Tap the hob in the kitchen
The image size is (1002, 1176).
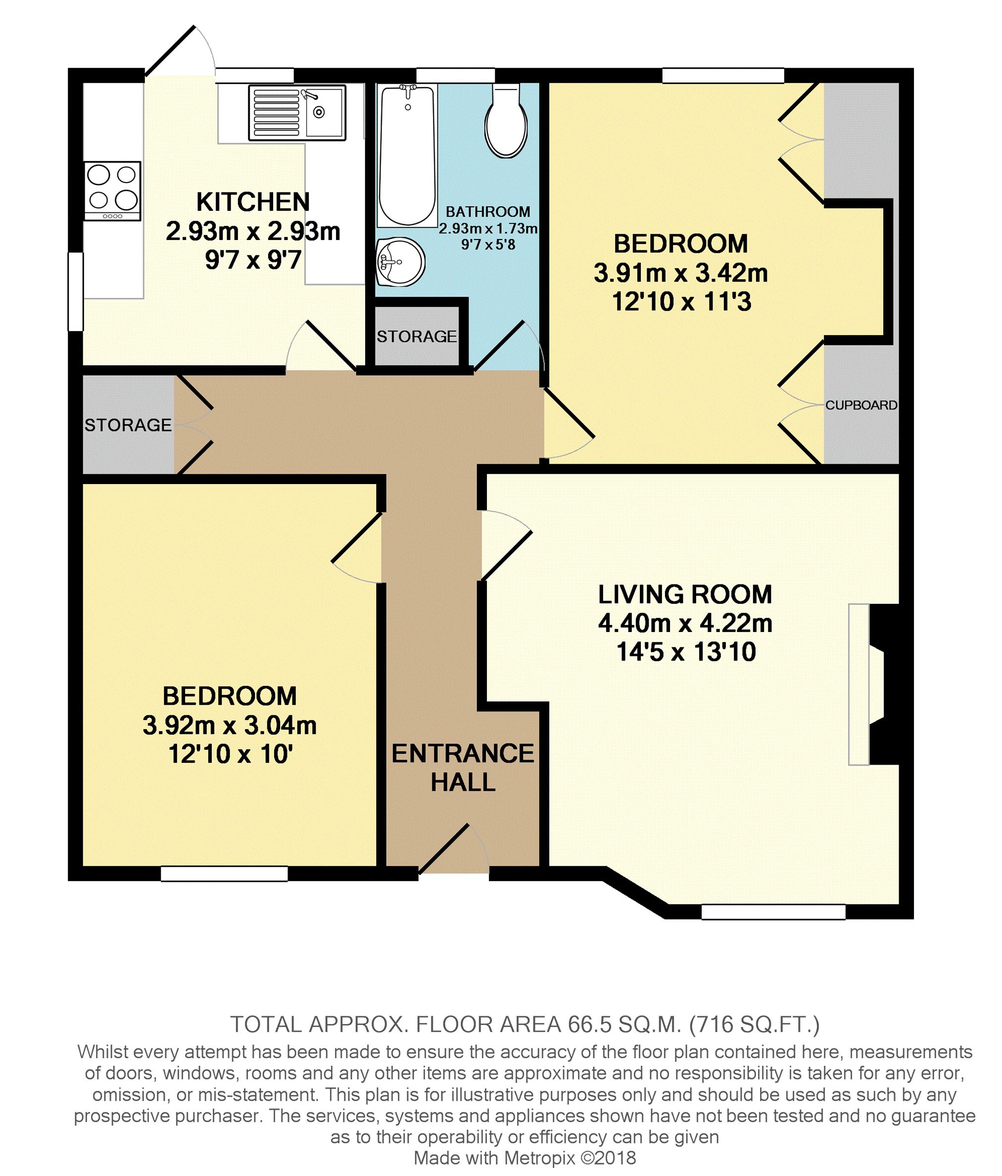(112, 191)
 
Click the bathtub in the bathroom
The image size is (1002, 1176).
(407, 154)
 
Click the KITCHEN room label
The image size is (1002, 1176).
(253, 202)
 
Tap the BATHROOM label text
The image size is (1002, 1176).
(488, 212)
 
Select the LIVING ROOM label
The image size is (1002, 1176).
(685, 594)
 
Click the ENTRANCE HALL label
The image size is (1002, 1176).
(463, 768)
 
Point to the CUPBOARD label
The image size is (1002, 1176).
(860, 405)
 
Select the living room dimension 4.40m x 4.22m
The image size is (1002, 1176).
(685, 623)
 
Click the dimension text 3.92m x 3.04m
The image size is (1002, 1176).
(229, 726)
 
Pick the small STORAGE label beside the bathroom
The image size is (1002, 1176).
(417, 337)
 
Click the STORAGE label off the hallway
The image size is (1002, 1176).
(128, 425)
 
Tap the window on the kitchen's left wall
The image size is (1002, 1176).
(76, 291)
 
